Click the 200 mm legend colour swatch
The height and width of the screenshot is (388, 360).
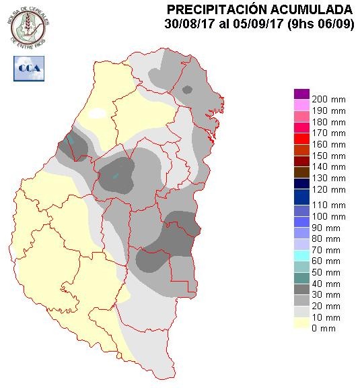tap(301, 94)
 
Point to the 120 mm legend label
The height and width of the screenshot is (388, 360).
tap(330, 191)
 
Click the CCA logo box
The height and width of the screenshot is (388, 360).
tap(28, 69)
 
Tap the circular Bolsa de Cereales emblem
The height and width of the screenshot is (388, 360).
tap(28, 25)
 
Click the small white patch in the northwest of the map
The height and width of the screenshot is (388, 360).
tap(98, 112)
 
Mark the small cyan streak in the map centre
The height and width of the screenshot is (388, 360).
tap(115, 176)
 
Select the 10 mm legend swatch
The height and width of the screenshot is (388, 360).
tap(301, 317)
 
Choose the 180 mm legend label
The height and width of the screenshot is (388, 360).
tap(330, 122)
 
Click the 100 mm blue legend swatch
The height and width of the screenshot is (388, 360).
tap(301, 216)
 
